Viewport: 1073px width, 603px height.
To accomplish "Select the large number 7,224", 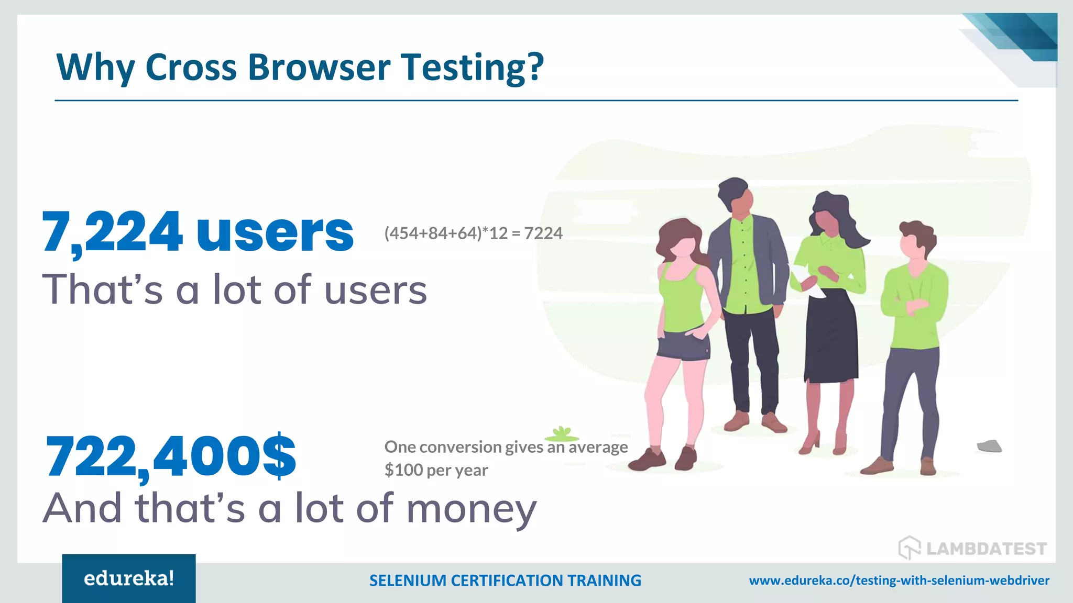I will click(x=112, y=232).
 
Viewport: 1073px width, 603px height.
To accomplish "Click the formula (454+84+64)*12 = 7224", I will click(x=473, y=233).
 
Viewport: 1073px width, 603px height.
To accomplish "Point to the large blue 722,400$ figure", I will click(x=171, y=456).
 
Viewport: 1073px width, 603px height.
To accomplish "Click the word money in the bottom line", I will click(x=472, y=509).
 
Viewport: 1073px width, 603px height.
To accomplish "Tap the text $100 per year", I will click(x=436, y=470).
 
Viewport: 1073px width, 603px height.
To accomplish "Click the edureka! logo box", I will click(x=129, y=578).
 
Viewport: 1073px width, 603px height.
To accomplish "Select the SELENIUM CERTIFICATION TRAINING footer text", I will click(x=505, y=580).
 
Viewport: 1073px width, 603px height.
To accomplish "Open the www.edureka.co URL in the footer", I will click(x=899, y=580).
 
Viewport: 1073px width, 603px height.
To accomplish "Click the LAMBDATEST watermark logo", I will click(x=972, y=548).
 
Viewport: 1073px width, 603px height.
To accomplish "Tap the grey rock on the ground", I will click(x=989, y=446).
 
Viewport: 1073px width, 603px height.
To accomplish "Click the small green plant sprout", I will click(x=562, y=433).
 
